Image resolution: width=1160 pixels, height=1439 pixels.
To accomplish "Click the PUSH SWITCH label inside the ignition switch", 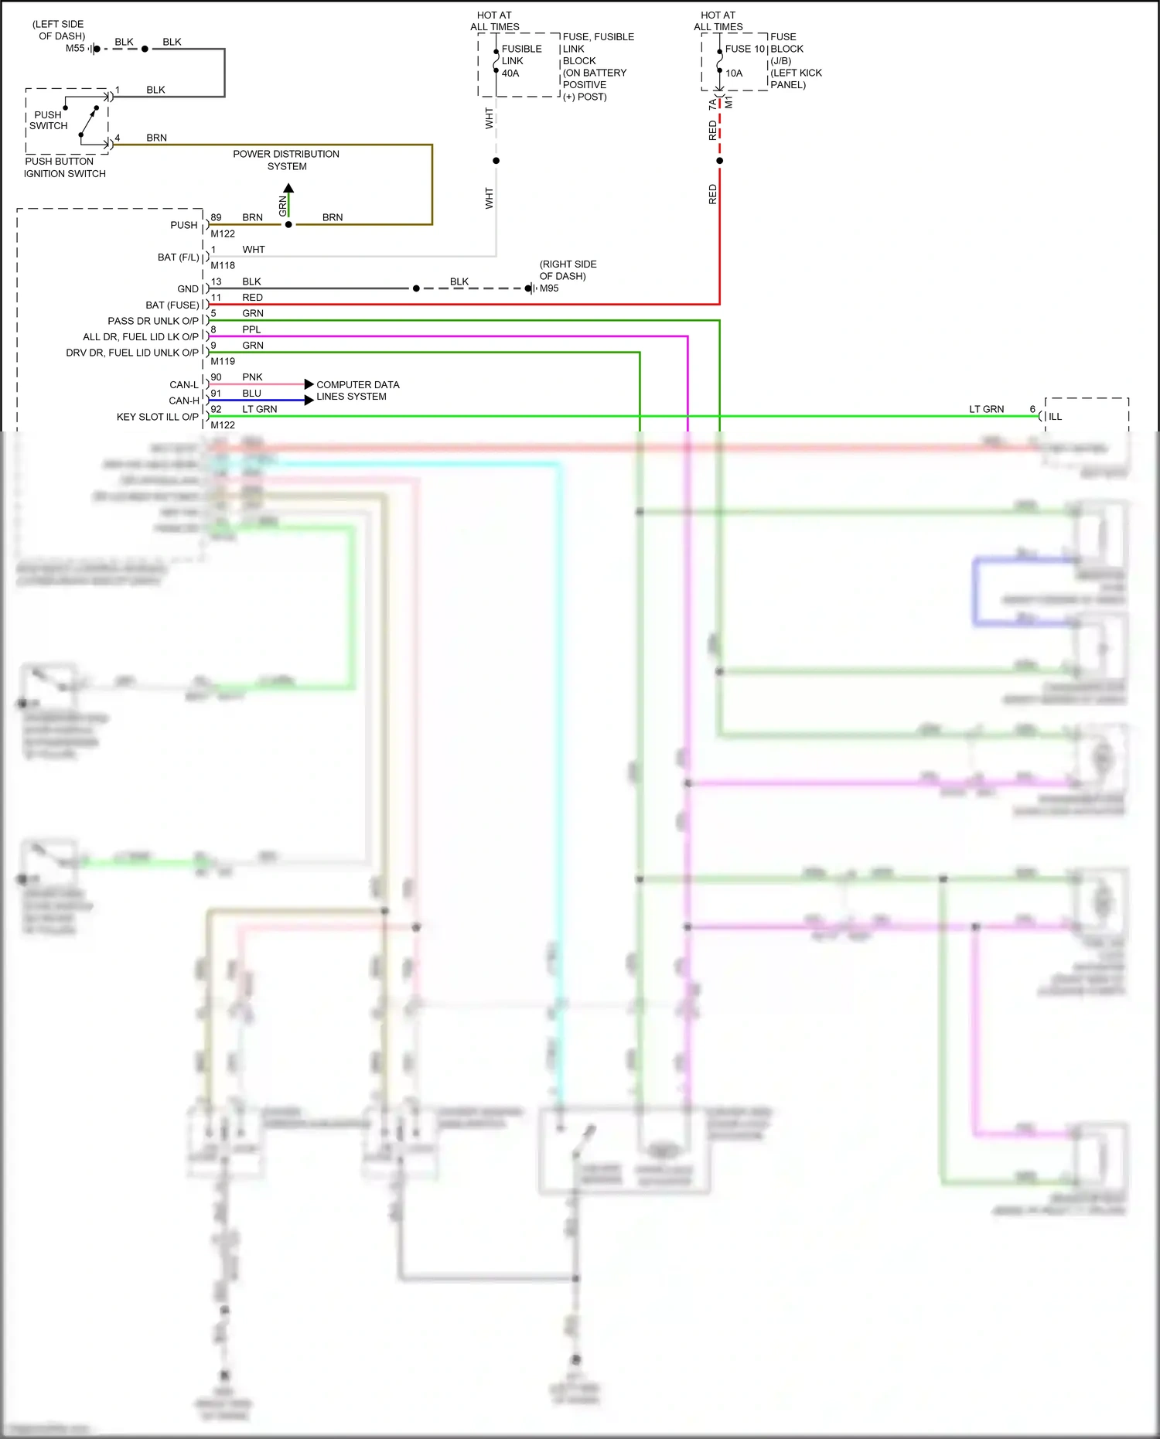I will [x=48, y=120].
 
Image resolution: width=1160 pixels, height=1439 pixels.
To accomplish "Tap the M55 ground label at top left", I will [x=75, y=48].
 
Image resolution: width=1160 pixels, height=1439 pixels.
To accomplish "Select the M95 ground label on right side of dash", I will [x=549, y=288].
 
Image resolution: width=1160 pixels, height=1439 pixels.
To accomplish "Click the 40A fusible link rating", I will [x=510, y=73].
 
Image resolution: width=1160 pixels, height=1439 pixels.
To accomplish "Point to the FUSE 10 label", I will [x=744, y=49].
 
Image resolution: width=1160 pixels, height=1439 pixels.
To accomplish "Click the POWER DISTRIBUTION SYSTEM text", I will [x=286, y=160].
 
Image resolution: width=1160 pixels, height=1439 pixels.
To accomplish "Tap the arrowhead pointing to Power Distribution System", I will [x=288, y=188].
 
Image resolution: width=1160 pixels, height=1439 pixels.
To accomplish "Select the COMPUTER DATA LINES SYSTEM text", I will [x=357, y=390].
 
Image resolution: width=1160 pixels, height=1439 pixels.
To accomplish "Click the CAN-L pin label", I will [x=184, y=384].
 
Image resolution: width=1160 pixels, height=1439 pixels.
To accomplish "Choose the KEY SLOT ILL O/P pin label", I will [x=157, y=417].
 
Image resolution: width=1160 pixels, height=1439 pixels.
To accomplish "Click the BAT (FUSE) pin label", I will [x=172, y=305].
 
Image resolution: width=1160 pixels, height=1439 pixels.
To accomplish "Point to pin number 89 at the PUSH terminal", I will [x=216, y=217].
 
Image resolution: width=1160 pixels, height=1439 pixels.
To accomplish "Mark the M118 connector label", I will [x=223, y=265].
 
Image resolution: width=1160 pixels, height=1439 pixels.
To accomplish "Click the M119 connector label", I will [x=223, y=361].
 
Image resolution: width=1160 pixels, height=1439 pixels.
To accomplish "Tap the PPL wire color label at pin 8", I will [x=251, y=329].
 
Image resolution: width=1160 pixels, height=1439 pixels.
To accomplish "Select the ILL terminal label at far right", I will [x=1055, y=417].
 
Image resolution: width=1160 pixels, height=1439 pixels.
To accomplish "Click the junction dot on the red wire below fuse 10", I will [x=719, y=161].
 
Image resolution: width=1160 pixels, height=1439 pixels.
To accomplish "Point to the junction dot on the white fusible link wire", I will [x=496, y=161].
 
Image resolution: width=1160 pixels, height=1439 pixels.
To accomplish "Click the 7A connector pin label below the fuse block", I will [x=712, y=104].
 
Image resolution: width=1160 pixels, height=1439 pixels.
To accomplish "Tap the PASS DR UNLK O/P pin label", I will [x=152, y=321].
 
